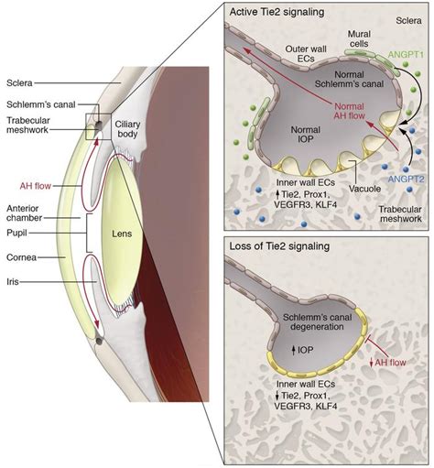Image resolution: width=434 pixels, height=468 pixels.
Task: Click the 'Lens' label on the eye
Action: tap(122, 234)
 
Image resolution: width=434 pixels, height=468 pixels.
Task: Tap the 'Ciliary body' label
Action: tap(127, 129)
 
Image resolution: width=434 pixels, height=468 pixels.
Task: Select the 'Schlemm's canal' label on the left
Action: tap(41, 104)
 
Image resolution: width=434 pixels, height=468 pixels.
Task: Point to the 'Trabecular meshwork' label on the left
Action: tap(28, 125)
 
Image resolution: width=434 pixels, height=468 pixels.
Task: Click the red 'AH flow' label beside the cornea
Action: tap(35, 186)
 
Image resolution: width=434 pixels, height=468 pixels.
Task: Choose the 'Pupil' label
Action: tap(16, 234)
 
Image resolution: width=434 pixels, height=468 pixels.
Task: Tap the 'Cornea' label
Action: tap(21, 257)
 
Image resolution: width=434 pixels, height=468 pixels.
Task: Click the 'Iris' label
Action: tap(13, 281)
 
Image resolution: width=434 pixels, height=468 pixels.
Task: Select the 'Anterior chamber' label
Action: tap(24, 213)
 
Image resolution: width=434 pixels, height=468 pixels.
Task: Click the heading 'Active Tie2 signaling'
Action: tap(277, 12)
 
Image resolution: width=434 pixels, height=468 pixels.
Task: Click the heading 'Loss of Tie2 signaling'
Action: tap(279, 246)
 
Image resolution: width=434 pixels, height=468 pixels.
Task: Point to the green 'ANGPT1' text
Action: tap(406, 55)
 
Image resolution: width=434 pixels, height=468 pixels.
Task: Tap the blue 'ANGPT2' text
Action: tap(406, 179)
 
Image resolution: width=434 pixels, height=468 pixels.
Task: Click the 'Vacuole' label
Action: tap(364, 189)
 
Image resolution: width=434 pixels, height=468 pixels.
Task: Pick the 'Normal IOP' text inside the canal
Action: tap(306, 135)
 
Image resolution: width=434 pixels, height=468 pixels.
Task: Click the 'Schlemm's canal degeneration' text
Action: tap(317, 321)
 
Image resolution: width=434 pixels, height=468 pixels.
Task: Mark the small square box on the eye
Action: tap(98, 126)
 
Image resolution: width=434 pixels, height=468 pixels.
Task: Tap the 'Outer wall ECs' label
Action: tap(306, 53)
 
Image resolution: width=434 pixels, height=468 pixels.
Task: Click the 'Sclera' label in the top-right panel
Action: tap(408, 21)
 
